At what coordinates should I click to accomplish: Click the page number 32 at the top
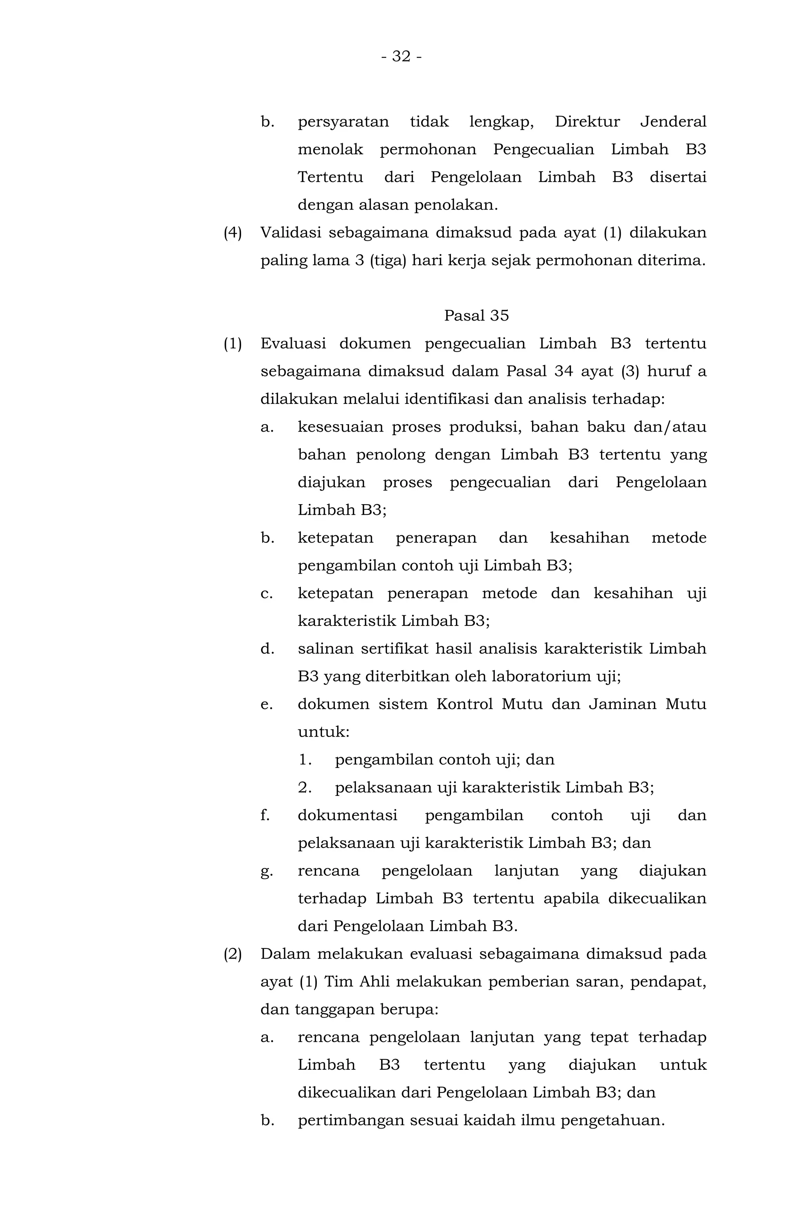401,56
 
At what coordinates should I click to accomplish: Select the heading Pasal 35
476,315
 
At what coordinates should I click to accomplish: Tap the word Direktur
587,122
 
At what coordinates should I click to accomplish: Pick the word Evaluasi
292,343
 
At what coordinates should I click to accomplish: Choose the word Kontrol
465,704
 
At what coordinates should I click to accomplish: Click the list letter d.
267,649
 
